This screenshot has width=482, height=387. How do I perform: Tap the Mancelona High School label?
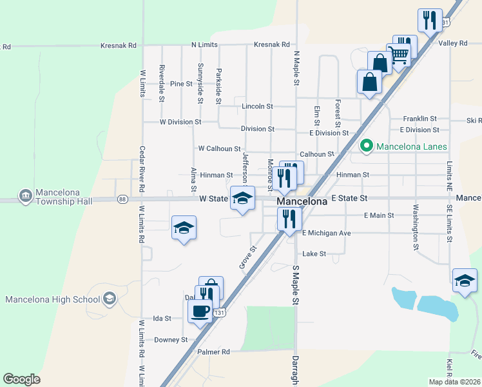pyautogui.click(x=53, y=299)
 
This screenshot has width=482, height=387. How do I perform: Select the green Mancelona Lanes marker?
pyautogui.click(x=366, y=146)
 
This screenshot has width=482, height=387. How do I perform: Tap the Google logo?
pyautogui.click(x=21, y=379)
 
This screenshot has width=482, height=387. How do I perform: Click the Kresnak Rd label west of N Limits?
pyautogui.click(x=119, y=46)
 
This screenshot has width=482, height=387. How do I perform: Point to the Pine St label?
pyautogui.click(x=181, y=84)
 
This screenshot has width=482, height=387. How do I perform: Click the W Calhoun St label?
pyautogui.click(x=219, y=148)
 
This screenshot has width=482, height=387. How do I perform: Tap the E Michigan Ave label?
pyautogui.click(x=326, y=233)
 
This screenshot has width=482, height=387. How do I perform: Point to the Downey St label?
pyautogui.click(x=171, y=339)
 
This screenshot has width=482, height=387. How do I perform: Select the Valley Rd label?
pyautogui.click(x=452, y=43)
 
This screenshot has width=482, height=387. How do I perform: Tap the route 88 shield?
pyautogui.click(x=122, y=200)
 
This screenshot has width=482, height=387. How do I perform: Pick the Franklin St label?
pyautogui.click(x=419, y=119)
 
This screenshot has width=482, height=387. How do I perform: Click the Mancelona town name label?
pyautogui.click(x=302, y=201)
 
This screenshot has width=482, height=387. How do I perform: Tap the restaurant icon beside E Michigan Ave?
pyautogui.click(x=289, y=219)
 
